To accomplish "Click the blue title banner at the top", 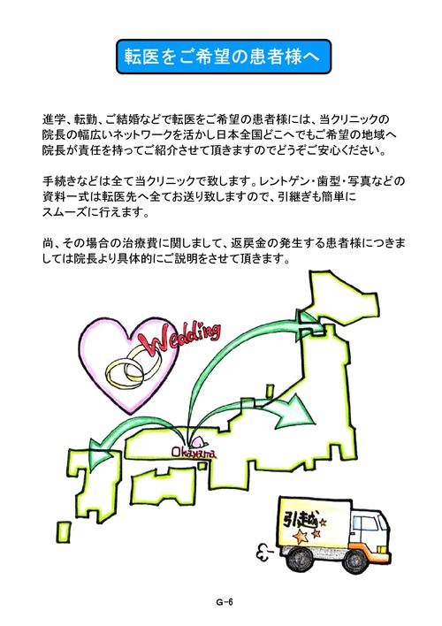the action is (224, 57).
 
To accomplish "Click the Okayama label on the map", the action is (194, 453).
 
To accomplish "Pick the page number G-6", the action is (225, 602).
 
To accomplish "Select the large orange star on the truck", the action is (301, 536).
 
